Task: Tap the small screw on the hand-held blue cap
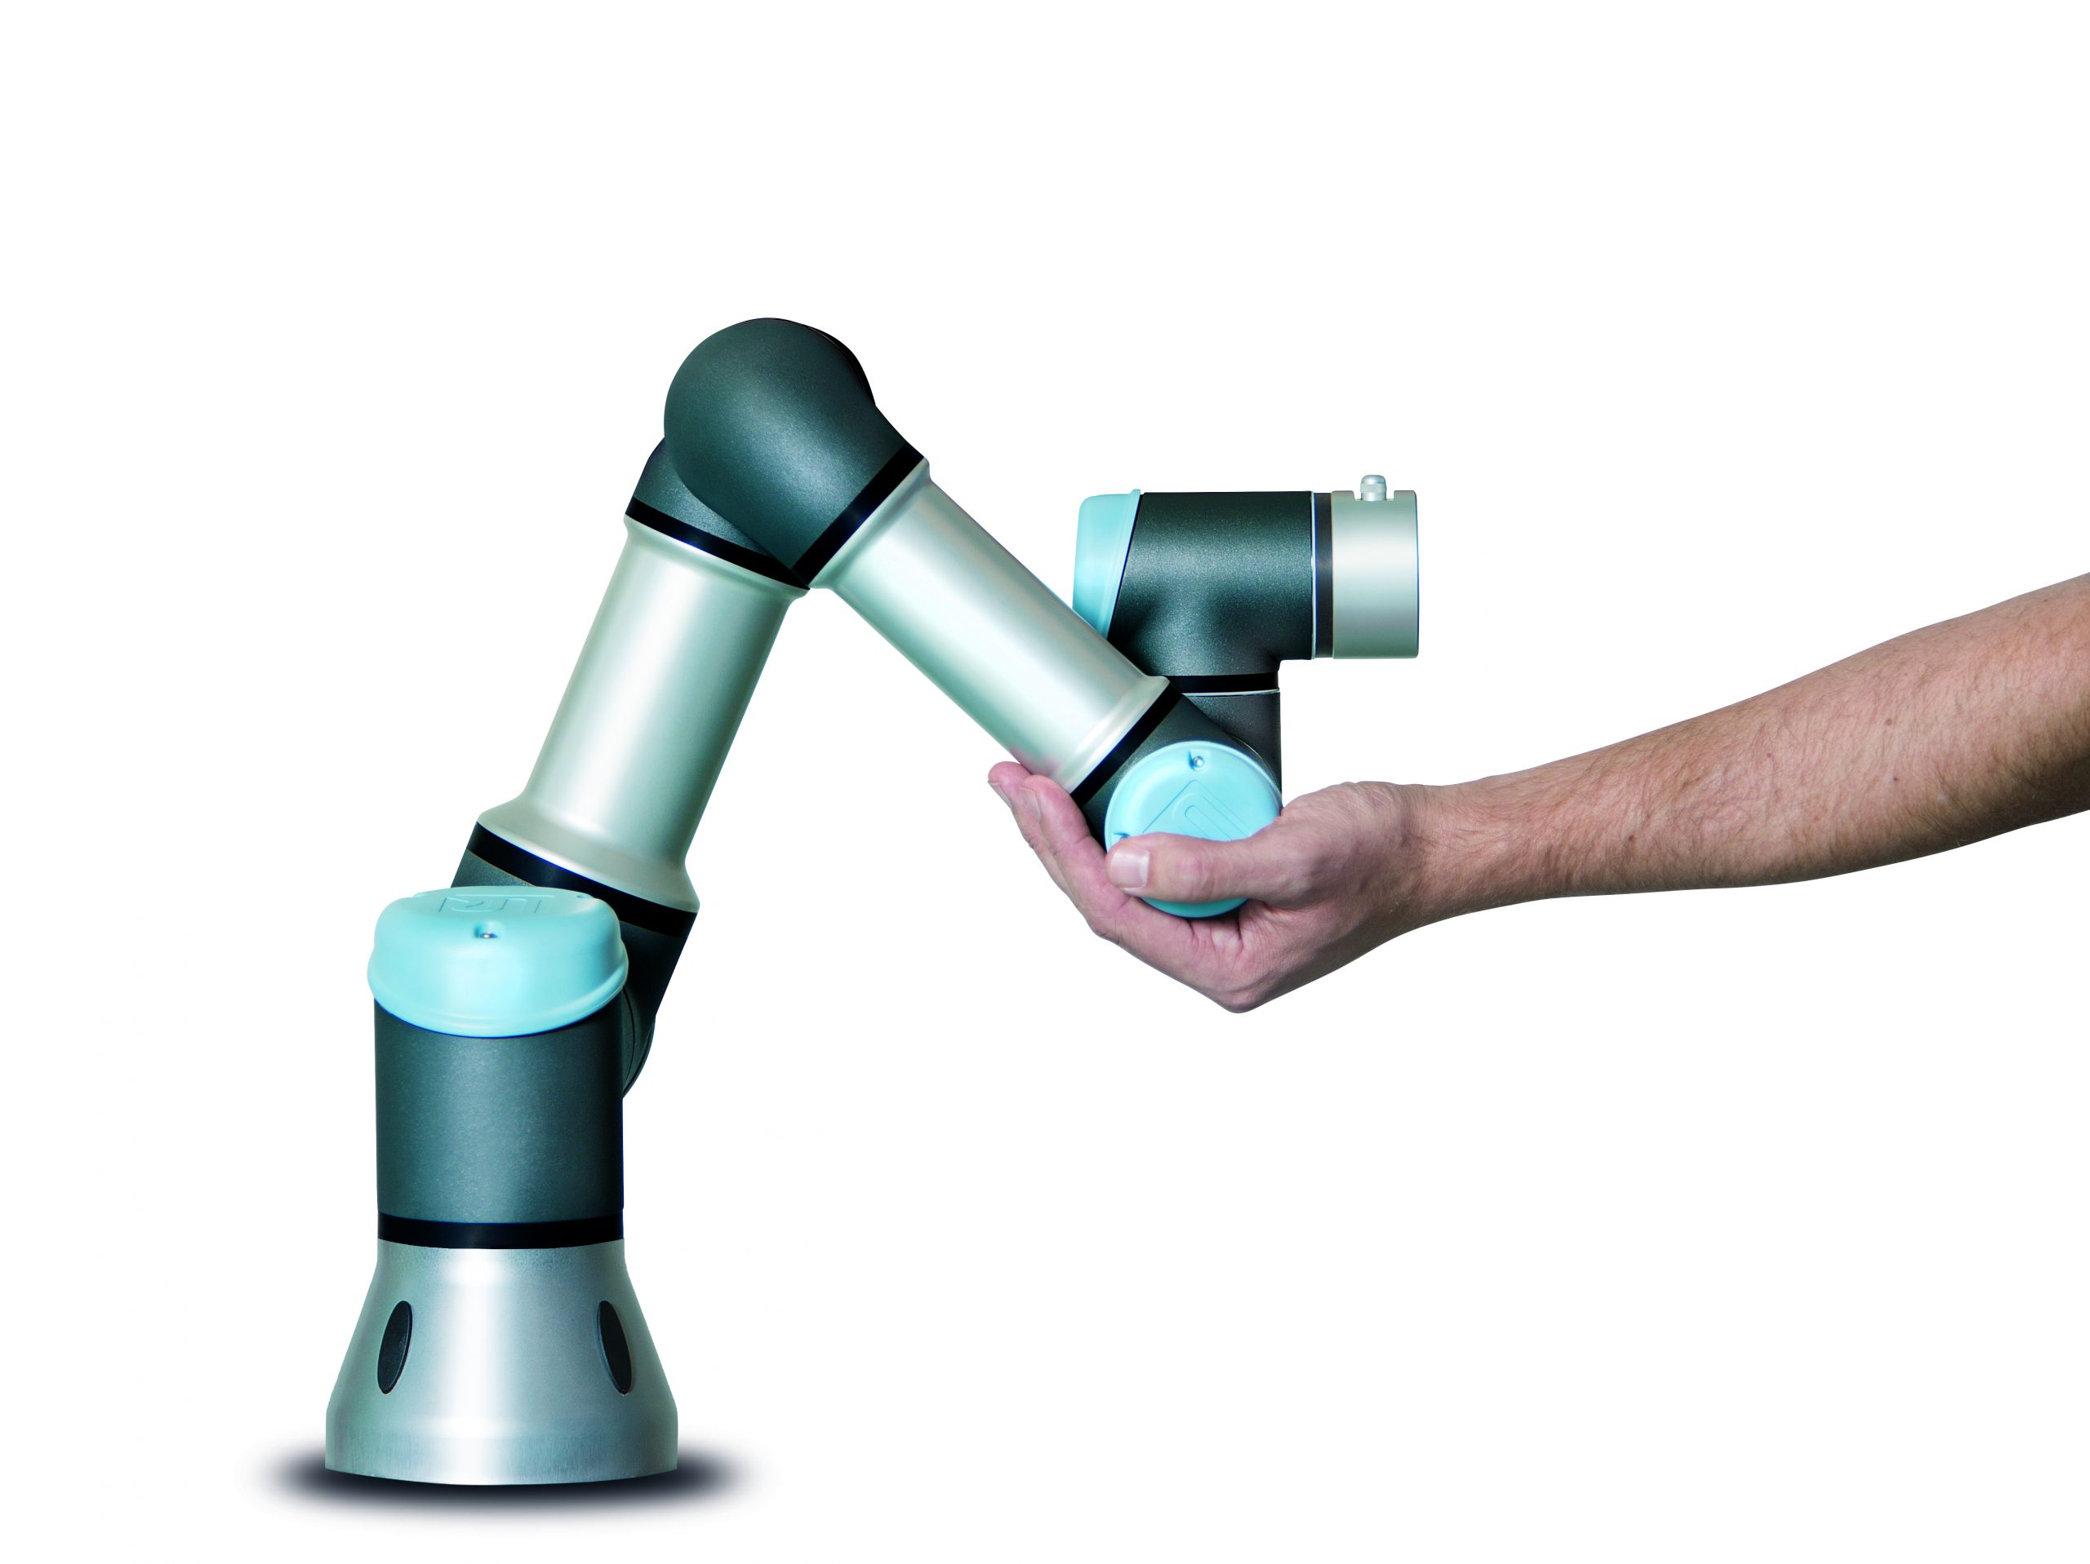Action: point(1197,759)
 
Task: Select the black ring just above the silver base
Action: point(500,1230)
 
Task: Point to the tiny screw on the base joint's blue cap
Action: point(486,933)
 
